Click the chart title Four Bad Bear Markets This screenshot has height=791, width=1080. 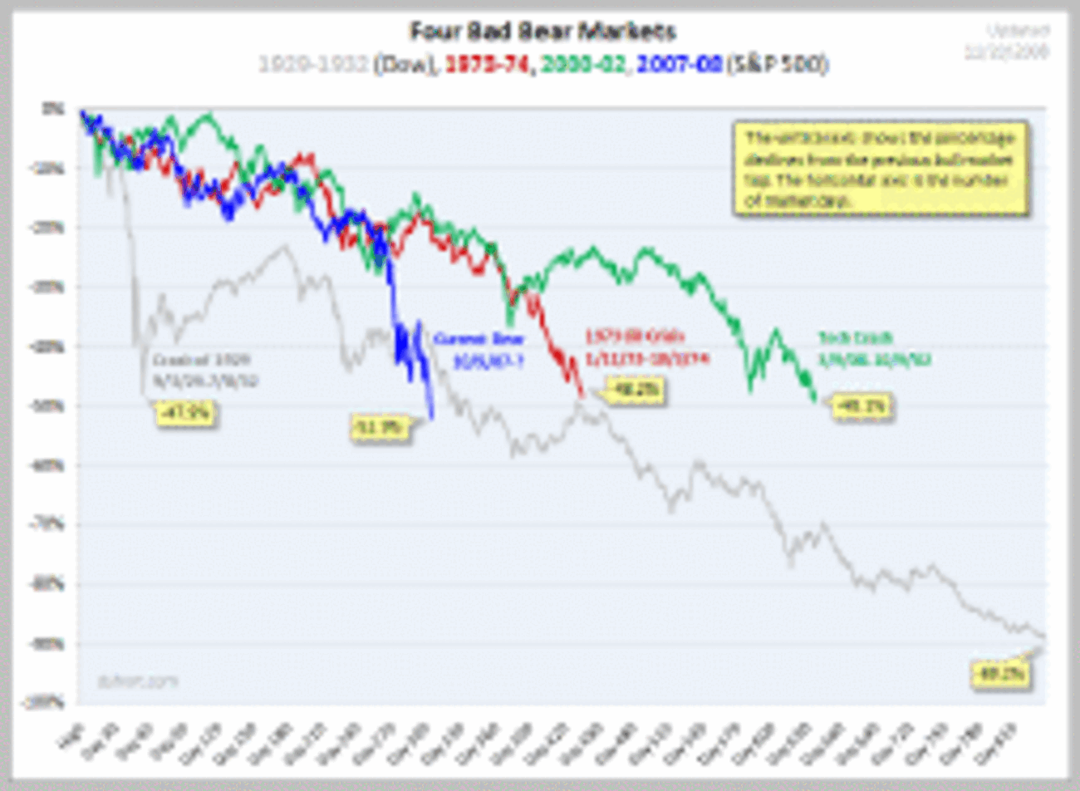[x=542, y=32]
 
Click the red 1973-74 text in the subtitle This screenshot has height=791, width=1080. [x=488, y=64]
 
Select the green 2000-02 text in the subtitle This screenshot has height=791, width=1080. [x=582, y=64]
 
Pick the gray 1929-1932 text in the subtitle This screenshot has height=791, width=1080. [x=313, y=64]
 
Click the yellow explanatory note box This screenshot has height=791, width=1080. [x=881, y=169]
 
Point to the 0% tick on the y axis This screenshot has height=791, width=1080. [x=56, y=109]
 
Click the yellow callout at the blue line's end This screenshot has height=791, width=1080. [x=380, y=428]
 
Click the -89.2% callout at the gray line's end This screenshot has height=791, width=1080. [x=1001, y=674]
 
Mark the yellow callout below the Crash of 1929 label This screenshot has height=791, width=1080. [x=186, y=411]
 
